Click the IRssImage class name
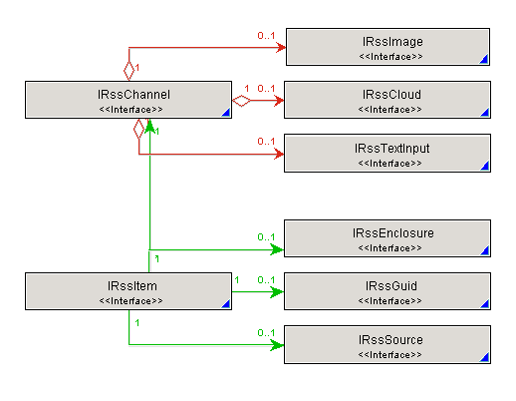point(392,42)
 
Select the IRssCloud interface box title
point(391,95)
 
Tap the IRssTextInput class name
point(391,149)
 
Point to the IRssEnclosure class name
point(393,233)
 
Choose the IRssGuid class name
point(391,286)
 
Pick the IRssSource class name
point(390,340)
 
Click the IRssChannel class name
point(133,95)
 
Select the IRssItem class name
point(131,286)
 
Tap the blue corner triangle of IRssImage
point(484,59)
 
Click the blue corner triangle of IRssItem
point(226,304)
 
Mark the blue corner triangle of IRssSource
point(484,357)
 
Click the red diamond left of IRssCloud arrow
point(241,101)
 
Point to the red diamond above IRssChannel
point(129,71)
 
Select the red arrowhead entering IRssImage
point(281,48)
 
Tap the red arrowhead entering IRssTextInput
point(279,154)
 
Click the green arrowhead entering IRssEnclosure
point(277,249)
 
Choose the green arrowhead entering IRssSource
point(277,345)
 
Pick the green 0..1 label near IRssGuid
point(266,280)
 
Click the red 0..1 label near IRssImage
point(266,36)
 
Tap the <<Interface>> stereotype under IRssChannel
point(130,110)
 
